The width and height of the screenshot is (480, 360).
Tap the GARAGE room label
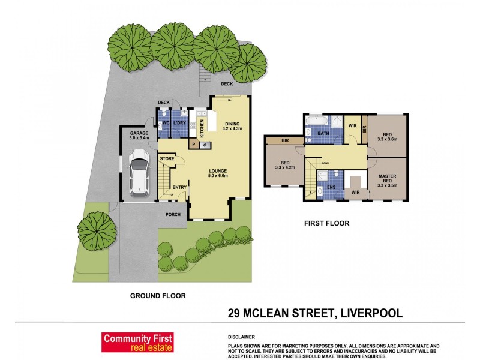click(x=139, y=136)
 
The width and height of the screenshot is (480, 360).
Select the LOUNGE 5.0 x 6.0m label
click(x=218, y=173)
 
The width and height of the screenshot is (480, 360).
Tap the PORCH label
click(x=173, y=214)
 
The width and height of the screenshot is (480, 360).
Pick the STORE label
click(x=167, y=158)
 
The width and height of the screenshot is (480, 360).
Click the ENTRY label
click(x=179, y=187)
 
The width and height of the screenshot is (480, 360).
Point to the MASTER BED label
click(x=390, y=180)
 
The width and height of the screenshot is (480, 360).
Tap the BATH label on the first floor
click(x=323, y=134)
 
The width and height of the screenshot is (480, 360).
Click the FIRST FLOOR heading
click(x=326, y=223)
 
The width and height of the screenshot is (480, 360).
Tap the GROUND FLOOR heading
click(x=158, y=295)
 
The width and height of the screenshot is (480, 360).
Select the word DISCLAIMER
click(x=242, y=337)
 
